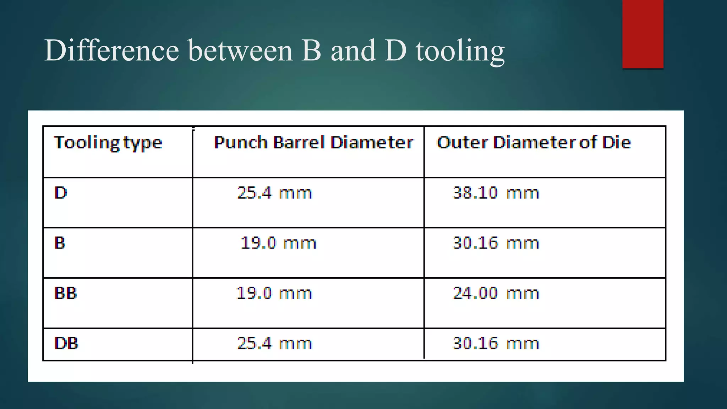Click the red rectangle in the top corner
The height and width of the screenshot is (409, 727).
click(643, 34)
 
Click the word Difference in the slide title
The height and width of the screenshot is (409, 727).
click(111, 50)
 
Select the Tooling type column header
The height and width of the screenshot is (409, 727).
click(108, 143)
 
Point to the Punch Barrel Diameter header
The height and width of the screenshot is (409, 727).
click(313, 142)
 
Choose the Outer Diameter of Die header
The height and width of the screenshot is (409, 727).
click(534, 142)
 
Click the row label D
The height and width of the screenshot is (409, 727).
click(61, 193)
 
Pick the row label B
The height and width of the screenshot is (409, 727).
click(60, 243)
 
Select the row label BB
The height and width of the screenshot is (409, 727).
click(66, 293)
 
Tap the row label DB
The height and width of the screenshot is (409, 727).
click(66, 343)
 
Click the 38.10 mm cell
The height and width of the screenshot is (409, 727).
click(496, 193)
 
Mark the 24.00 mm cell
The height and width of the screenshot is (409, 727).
click(496, 293)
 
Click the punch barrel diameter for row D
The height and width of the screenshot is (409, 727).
click(274, 193)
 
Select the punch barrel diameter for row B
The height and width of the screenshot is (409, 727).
click(278, 243)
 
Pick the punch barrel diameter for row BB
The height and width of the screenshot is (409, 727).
click(274, 293)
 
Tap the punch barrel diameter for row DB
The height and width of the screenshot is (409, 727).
click(274, 343)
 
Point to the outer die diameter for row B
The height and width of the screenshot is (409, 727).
click(496, 243)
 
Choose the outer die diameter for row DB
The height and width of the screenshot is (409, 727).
click(496, 343)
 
